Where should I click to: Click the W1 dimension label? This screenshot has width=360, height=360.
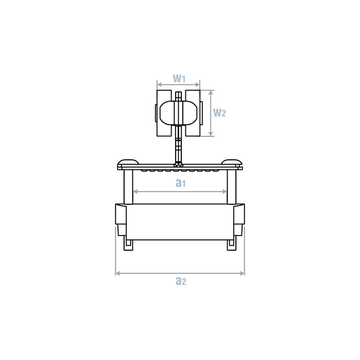click(179, 79)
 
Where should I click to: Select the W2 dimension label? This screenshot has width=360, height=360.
click(220, 113)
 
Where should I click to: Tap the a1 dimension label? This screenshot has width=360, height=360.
click(180, 183)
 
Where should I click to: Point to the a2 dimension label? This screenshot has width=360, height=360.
click(181, 281)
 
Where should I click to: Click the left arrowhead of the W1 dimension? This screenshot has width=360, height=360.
click(159, 85)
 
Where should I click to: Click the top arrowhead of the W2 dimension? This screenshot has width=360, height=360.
click(211, 92)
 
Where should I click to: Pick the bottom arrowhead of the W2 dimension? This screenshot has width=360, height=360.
click(211, 134)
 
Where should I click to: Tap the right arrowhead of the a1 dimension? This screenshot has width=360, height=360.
click(225, 191)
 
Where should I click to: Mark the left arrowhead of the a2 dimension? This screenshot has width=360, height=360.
click(117, 273)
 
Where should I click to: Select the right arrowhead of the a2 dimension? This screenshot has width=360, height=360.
click(242, 273)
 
